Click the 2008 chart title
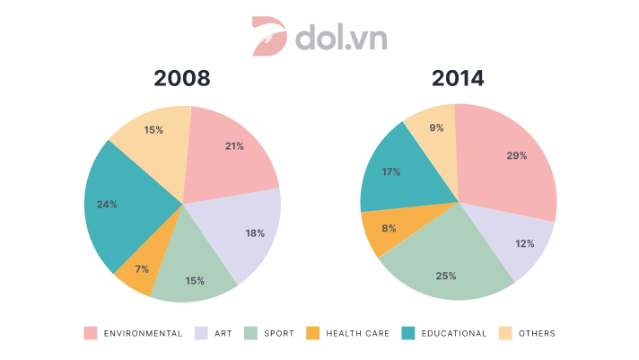(182, 78)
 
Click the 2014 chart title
(458, 78)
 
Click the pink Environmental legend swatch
(91, 333)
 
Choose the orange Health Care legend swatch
(313, 333)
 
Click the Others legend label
(537, 333)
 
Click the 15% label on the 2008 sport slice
(194, 282)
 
